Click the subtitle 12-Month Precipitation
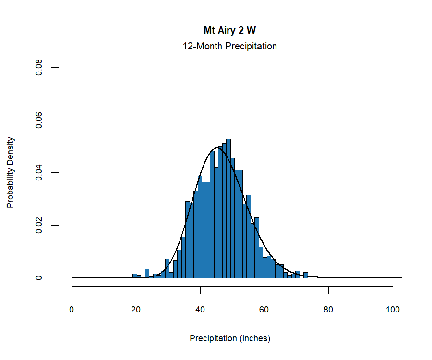coord(229,47)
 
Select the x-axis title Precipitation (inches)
coord(230,338)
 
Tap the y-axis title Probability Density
coord(11,172)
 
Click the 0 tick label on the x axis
coord(72,310)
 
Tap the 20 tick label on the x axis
coord(136,310)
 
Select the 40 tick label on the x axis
coord(200,310)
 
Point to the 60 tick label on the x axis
coord(264,310)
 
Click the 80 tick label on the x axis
coord(329,310)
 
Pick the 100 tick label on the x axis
coord(393,310)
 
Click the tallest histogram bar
coord(228,211)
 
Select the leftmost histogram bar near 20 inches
coord(135,276)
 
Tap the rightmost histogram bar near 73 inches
coord(305,276)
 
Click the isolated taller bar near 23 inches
coord(147,274)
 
